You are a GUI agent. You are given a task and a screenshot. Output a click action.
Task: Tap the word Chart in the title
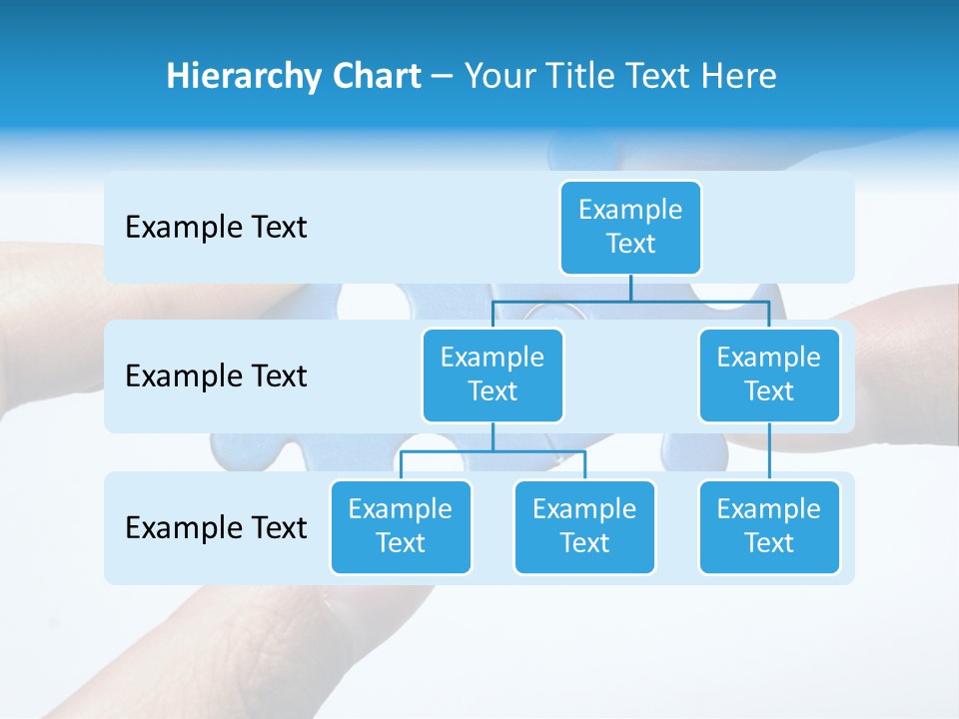(x=375, y=76)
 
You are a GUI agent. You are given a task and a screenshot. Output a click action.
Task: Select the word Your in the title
(x=498, y=76)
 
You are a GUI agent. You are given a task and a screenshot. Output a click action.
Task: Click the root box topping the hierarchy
(x=630, y=227)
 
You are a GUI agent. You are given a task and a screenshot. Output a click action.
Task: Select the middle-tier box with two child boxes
(x=492, y=374)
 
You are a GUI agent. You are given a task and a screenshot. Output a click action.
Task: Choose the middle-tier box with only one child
(x=769, y=374)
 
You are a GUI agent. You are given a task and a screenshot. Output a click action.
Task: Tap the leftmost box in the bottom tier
(x=401, y=526)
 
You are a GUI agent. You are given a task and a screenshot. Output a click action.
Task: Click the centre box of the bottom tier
(x=584, y=526)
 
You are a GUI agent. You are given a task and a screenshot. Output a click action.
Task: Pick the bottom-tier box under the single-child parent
(x=769, y=526)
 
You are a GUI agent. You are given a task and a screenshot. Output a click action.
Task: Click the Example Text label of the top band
(x=216, y=228)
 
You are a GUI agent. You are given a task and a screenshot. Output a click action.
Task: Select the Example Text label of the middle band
(x=216, y=376)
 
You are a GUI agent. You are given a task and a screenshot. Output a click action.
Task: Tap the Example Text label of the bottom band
(x=216, y=527)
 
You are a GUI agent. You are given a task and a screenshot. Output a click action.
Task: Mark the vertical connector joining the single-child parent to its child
(x=769, y=450)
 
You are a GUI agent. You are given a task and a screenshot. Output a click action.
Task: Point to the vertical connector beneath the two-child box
(x=492, y=436)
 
